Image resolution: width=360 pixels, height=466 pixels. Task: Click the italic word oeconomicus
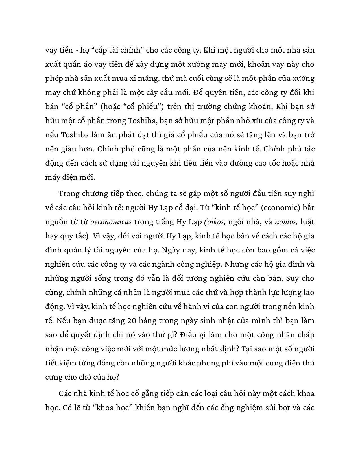[x=111, y=222]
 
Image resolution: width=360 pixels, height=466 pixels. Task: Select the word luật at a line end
[x=307, y=222]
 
